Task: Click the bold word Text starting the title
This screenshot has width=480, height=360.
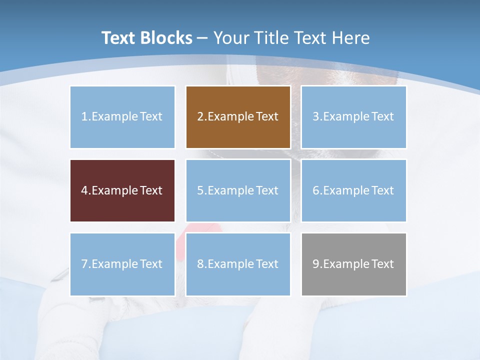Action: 120,38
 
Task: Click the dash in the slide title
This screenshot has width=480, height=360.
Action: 202,38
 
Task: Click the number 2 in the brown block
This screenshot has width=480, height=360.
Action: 200,116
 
